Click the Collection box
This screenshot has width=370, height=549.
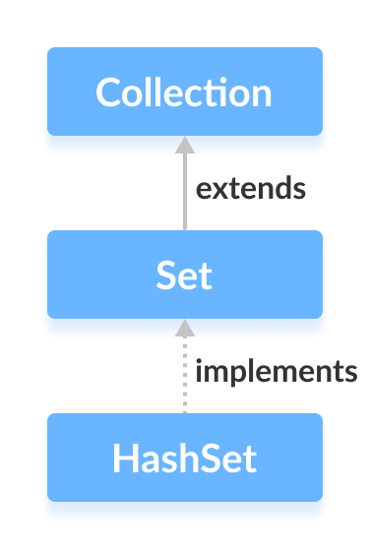click(x=184, y=91)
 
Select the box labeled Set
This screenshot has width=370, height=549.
click(x=184, y=274)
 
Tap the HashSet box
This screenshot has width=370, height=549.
click(x=184, y=457)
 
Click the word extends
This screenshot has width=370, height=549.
click(x=251, y=188)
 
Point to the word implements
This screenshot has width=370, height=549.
click(x=275, y=372)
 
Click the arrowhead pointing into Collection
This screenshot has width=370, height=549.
click(x=184, y=144)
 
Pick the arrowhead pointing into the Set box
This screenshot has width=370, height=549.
click(x=184, y=327)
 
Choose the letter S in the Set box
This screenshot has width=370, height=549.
click(x=166, y=275)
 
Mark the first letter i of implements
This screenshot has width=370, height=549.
click(x=200, y=371)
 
